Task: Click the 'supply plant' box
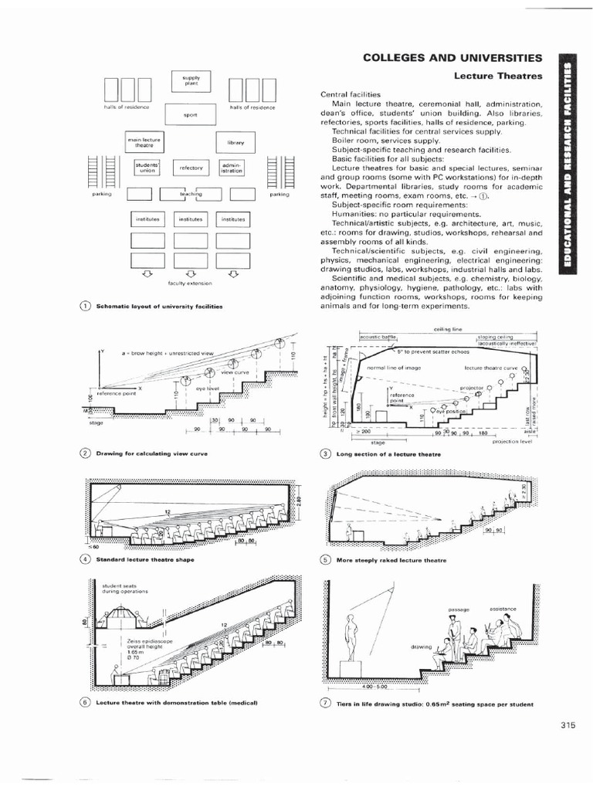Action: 191,81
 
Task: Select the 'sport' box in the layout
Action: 191,115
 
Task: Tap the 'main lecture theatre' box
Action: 144,142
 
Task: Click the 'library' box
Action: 236,142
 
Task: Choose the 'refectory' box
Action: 191,167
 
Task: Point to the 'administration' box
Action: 232,167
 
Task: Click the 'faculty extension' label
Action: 189,283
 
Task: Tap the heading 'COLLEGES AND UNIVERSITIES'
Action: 452,58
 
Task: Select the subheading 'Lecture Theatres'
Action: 498,76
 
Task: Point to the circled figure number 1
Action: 85,307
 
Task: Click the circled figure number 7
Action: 325,704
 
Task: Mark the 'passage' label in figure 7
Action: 459,610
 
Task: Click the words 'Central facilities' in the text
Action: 345,93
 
